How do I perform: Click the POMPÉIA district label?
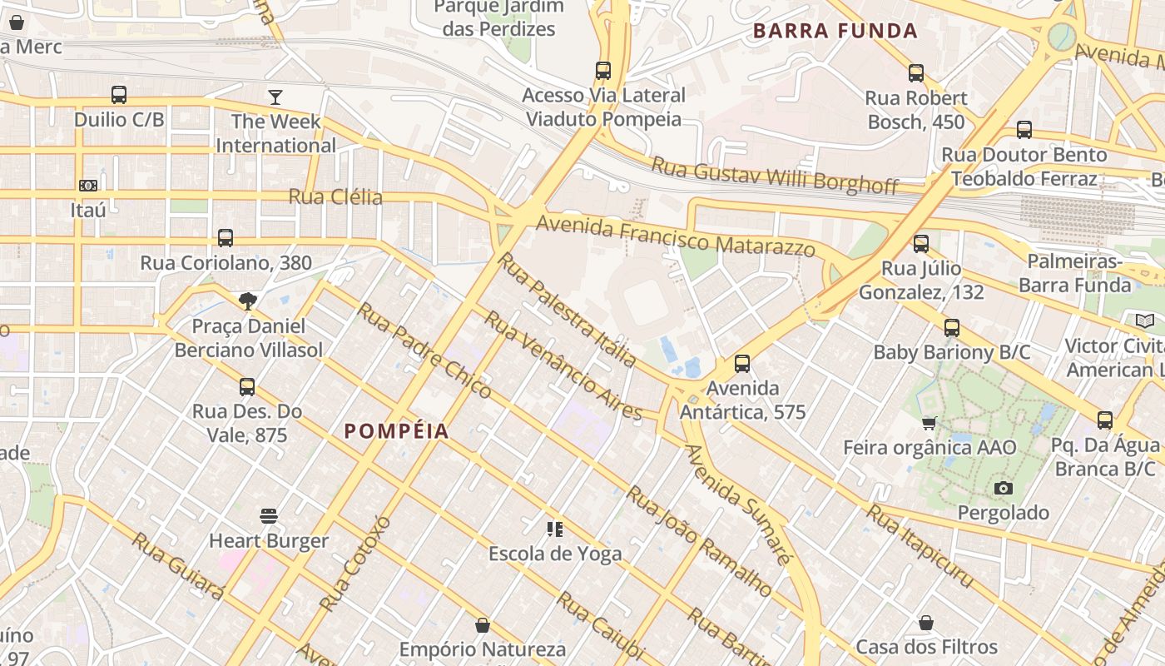coord(397,431)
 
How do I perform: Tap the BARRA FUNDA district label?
coord(835,32)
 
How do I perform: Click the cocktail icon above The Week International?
coord(275,97)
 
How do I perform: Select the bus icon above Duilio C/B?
coord(119,95)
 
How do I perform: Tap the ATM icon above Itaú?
coord(88,185)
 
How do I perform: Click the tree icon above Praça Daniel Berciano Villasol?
coord(247,301)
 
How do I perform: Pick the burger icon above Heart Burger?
coord(268,516)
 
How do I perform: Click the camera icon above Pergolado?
coord(1004,488)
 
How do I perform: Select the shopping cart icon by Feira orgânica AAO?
coord(930,423)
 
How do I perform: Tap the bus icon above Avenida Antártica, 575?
coord(742,364)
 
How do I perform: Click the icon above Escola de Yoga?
coord(555,529)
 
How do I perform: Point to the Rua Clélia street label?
coord(335,197)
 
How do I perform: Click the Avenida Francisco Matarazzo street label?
coord(675,236)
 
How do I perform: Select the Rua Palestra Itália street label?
coord(567,310)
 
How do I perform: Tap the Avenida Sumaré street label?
coord(736,504)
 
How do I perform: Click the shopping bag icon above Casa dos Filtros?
coord(926,623)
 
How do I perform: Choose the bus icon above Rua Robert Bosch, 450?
coord(916,73)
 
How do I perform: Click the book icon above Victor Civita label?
coord(1145,321)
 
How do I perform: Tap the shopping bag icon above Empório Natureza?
coord(483,624)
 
